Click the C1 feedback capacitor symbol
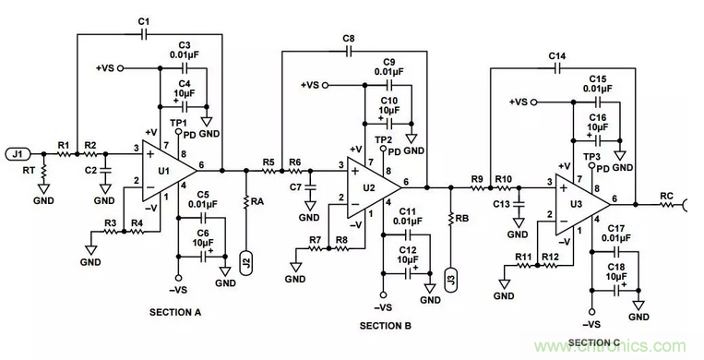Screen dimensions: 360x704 (x=143, y=35)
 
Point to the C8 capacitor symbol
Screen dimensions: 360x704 (x=349, y=53)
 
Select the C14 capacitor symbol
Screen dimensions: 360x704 (x=557, y=69)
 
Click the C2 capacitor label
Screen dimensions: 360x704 (x=89, y=170)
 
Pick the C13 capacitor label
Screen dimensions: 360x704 (x=501, y=203)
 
